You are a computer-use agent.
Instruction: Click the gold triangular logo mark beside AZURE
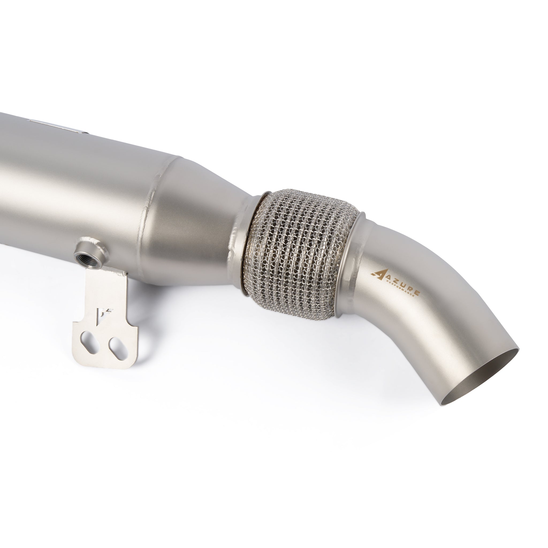click(x=378, y=274)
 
